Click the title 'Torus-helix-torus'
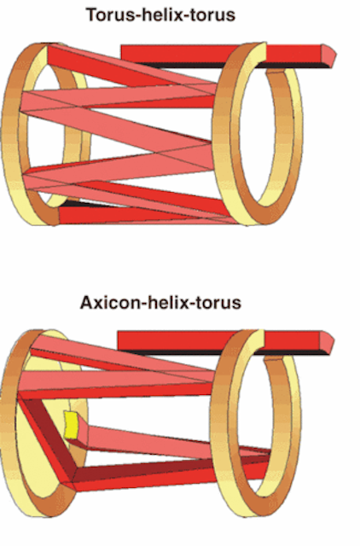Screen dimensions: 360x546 [160, 15]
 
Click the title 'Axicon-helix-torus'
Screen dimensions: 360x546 [160, 302]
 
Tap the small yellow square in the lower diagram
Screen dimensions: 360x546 [71, 425]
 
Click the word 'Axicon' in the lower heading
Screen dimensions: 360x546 [110, 302]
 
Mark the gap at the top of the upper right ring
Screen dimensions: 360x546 [276, 70]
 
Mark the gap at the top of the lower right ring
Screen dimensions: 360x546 [273, 357]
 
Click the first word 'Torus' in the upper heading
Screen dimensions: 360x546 [109, 15]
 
